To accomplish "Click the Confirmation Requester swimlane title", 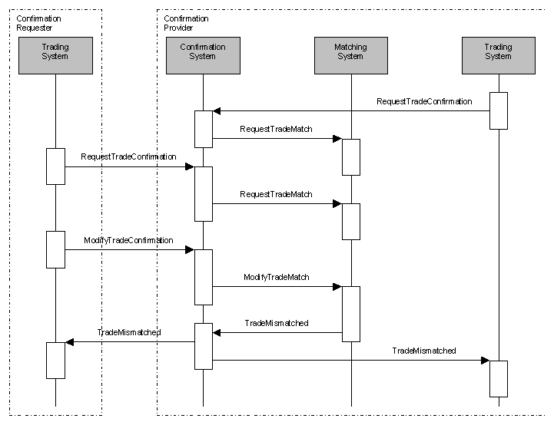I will pyautogui.click(x=38, y=23).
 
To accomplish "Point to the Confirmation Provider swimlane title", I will pyautogui.click(x=186, y=23).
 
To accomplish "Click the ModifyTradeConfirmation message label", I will pyautogui.click(x=128, y=241).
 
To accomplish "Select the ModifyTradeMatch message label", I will pyautogui.click(x=277, y=277).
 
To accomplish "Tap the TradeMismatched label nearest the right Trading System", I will pyautogui.click(x=424, y=351).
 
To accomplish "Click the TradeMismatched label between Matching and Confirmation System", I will pyautogui.click(x=277, y=324).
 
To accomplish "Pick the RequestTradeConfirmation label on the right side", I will pyautogui.click(x=424, y=101).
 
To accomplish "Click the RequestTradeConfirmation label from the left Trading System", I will pyautogui.click(x=128, y=156).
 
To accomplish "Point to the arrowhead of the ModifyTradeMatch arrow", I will pyautogui.click(x=337, y=287).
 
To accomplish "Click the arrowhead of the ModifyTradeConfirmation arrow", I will pyautogui.click(x=189, y=250).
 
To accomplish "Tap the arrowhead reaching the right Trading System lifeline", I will pyautogui.click(x=485, y=361).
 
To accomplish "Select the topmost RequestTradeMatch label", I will pyautogui.click(x=277, y=129).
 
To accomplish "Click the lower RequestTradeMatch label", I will pyautogui.click(x=277, y=194).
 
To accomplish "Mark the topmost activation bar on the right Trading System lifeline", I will pyautogui.click(x=498, y=110).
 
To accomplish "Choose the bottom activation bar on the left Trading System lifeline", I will pyautogui.click(x=55, y=360).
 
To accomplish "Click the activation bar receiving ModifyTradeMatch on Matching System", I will pyautogui.click(x=350, y=313).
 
